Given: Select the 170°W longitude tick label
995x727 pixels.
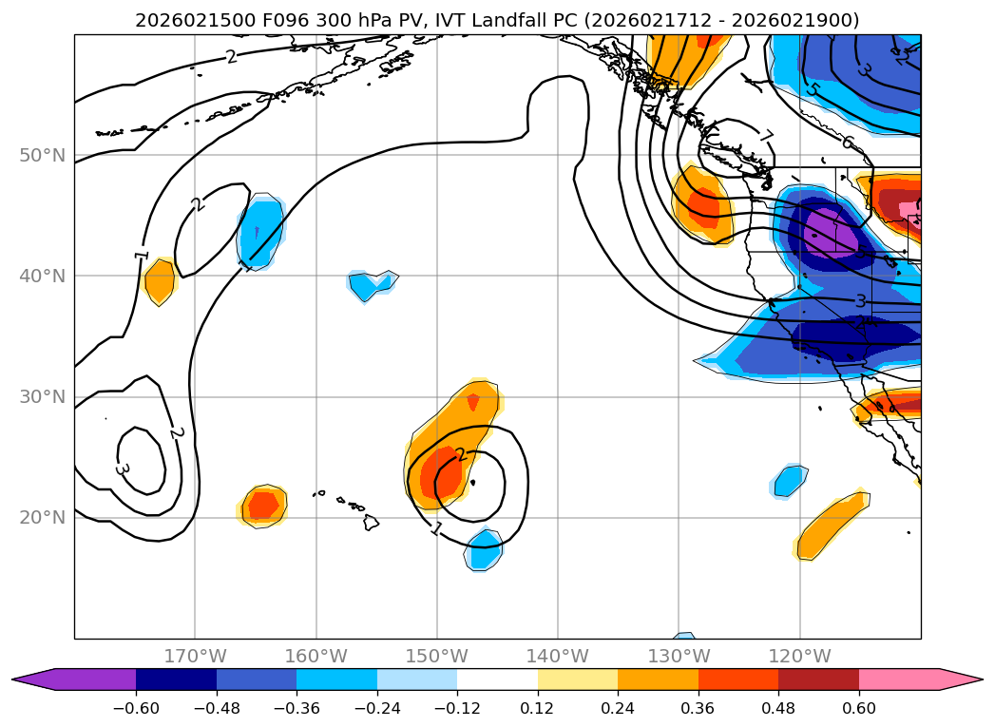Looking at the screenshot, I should point(195,656).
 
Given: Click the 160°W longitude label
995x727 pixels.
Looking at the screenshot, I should point(316,656).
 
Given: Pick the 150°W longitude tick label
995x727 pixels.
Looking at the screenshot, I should point(437,656).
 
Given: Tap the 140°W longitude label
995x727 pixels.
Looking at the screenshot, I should point(558,656).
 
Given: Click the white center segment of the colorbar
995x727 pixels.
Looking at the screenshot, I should point(497,679).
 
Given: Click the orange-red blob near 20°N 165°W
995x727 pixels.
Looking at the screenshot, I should point(262,504).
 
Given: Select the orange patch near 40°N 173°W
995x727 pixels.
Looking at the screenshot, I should point(159,281).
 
